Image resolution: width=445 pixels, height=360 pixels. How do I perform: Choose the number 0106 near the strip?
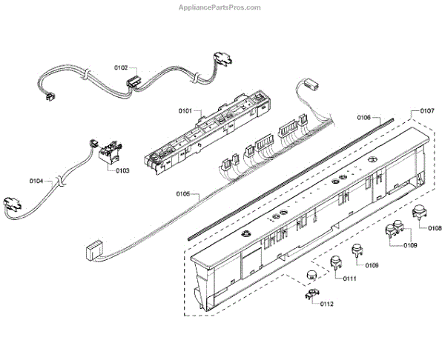pos(363,117)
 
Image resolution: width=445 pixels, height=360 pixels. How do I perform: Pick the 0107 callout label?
pos(426,111)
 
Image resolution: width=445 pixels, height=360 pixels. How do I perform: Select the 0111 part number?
pos(347,279)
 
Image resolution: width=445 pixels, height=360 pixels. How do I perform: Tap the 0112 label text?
pos(327,304)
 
